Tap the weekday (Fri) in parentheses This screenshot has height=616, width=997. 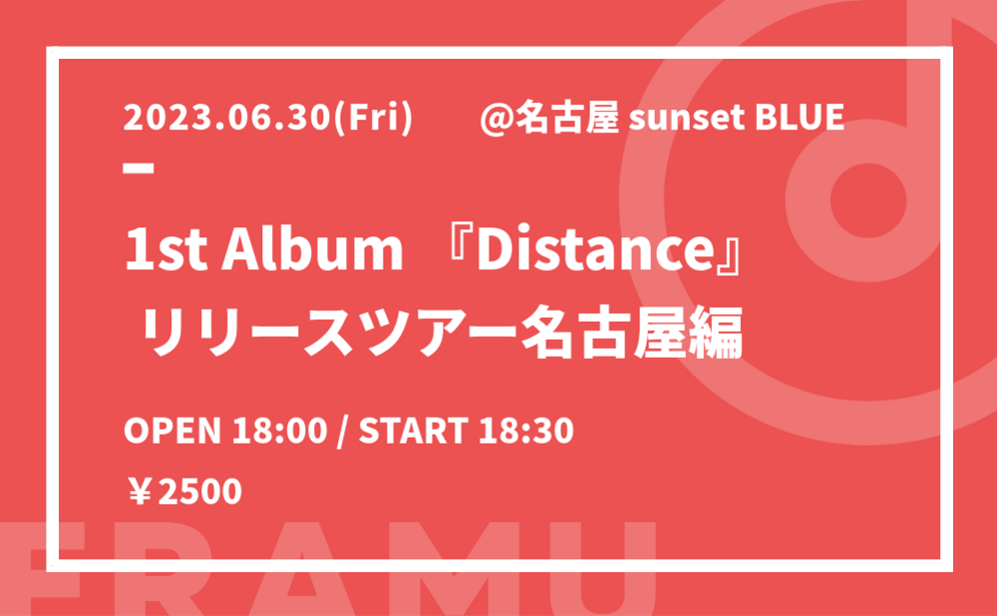click(374, 118)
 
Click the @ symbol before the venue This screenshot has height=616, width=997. click(497, 119)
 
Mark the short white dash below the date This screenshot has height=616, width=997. click(140, 168)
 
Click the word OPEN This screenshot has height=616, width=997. click(171, 431)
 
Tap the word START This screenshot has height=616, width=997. click(414, 431)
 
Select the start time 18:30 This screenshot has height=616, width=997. click(526, 431)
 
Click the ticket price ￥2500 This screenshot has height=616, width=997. click(184, 492)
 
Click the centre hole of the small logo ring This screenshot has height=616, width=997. click(868, 199)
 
